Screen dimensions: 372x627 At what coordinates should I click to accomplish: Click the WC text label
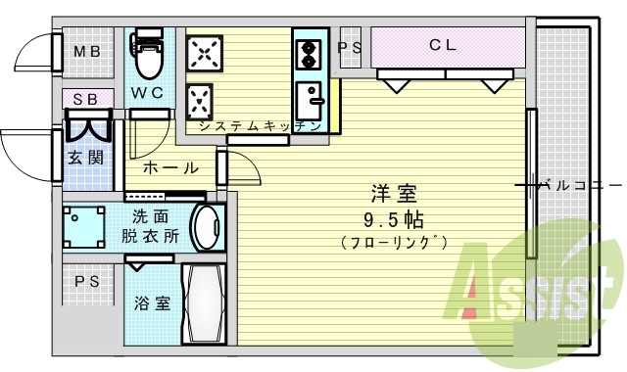tap(148, 92)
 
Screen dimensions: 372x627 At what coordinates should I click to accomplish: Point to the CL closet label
tap(442, 46)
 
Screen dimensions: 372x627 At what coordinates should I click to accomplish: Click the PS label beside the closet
tap(351, 46)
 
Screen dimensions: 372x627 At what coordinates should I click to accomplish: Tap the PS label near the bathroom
tap(87, 281)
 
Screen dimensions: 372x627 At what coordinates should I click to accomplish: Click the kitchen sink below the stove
tap(313, 99)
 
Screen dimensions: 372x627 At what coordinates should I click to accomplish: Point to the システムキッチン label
tap(260, 126)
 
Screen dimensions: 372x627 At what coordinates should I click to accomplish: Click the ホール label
tap(171, 167)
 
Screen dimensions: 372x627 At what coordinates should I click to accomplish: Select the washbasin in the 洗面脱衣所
tap(207, 228)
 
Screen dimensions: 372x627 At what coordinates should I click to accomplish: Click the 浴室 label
tap(152, 302)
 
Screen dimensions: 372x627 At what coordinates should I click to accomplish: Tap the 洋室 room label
tap(388, 192)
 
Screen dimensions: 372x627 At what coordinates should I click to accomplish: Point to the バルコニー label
tap(582, 183)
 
